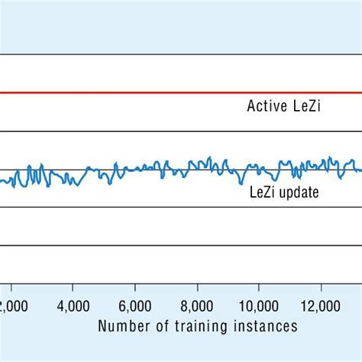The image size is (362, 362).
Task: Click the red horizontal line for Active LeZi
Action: click(153, 93)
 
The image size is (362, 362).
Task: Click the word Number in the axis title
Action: click(121, 327)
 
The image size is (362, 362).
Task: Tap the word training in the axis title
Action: click(192, 327)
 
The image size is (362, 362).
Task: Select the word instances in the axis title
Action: click(263, 327)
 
